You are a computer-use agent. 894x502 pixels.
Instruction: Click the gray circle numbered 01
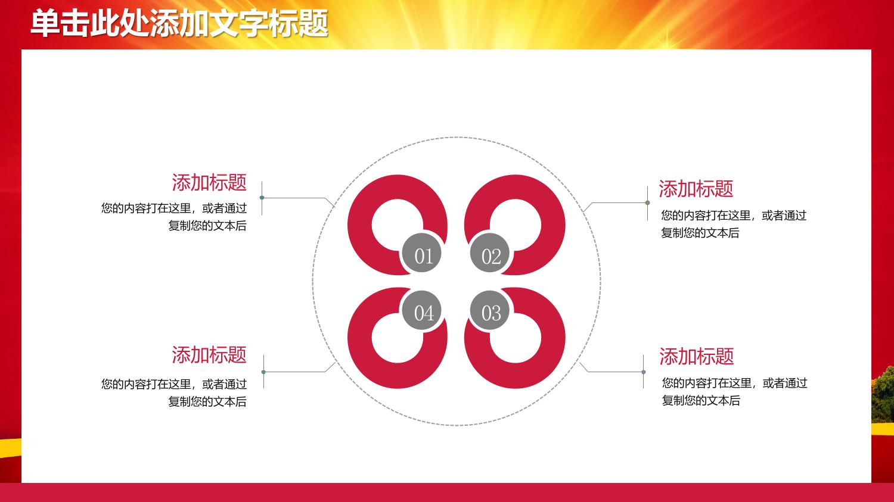421,253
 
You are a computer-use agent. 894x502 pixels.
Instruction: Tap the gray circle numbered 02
490,253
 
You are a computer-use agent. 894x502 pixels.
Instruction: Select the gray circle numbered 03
490,310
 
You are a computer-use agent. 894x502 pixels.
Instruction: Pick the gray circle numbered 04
421,310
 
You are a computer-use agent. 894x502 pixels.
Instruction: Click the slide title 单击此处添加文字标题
179,24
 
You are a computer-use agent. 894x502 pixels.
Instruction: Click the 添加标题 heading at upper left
209,182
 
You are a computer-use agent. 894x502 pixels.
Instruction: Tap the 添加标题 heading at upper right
696,189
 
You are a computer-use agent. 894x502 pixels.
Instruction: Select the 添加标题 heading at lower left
209,354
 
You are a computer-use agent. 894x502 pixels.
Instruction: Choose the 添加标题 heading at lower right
697,356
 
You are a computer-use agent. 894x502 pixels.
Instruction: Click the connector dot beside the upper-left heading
262,197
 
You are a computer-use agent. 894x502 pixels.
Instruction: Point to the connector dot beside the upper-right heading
647,203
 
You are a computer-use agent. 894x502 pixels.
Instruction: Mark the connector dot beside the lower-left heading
263,372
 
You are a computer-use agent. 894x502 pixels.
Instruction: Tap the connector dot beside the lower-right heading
643,372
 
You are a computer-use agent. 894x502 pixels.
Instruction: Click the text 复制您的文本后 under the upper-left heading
207,226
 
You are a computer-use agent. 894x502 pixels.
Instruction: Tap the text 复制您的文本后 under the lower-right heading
701,400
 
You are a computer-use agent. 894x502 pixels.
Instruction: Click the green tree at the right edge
883,395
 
